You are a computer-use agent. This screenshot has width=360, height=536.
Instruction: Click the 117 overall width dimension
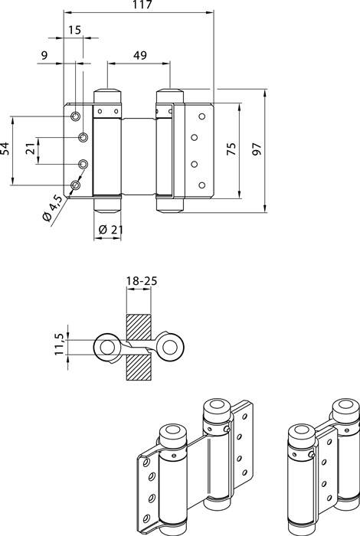click(x=141, y=6)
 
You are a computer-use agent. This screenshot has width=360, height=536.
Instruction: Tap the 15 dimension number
click(x=74, y=30)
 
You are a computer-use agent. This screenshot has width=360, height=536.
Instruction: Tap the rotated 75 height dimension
click(x=231, y=149)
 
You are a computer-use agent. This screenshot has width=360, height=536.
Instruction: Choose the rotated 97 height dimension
click(x=255, y=149)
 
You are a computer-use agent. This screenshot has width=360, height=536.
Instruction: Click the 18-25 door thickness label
click(x=141, y=282)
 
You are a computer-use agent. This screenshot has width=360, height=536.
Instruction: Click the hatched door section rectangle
click(x=141, y=348)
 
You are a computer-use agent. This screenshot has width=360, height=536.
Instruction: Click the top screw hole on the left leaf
click(x=76, y=115)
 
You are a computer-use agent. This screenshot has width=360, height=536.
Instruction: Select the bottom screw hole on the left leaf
click(x=76, y=185)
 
